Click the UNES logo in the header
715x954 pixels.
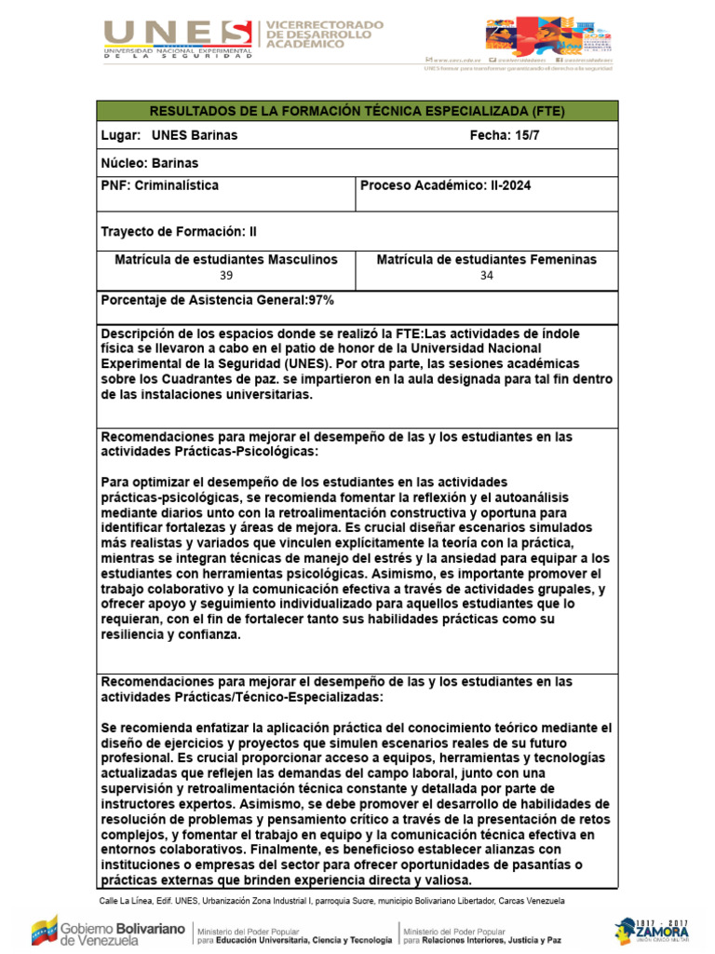point(178,38)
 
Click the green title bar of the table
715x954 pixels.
point(357,111)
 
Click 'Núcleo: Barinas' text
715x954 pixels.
point(149,163)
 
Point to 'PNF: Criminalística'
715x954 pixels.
point(159,185)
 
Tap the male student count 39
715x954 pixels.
point(226,276)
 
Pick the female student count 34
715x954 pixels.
point(487,276)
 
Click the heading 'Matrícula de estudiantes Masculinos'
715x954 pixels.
point(226,260)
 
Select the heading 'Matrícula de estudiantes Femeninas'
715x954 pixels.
point(487,260)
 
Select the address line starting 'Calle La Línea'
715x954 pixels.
point(331,902)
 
